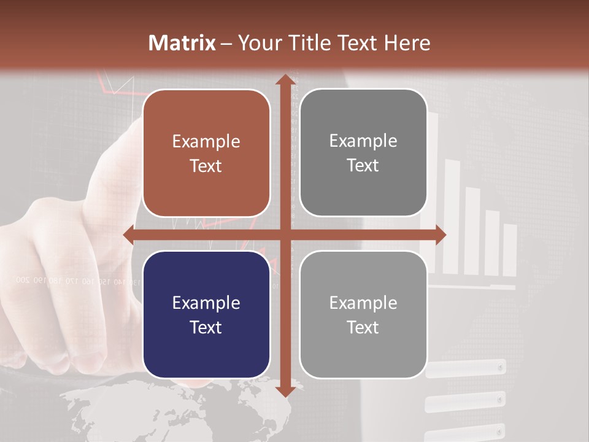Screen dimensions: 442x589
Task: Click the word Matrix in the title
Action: [182, 43]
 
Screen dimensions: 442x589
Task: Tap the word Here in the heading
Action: [407, 43]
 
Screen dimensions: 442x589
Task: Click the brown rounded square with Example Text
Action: [206, 153]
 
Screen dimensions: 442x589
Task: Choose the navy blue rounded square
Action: [206, 314]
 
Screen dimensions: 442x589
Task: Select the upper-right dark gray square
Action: [363, 153]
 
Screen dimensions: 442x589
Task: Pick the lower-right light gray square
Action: [363, 314]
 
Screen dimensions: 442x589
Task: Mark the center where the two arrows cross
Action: [285, 235]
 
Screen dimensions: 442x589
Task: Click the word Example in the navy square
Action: [206, 303]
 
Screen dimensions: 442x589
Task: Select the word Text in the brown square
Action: [206, 166]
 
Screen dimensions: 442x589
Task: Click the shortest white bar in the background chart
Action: [510, 250]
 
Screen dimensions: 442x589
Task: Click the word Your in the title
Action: [256, 43]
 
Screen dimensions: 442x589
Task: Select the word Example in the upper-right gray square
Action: [363, 141]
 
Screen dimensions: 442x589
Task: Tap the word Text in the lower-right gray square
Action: [363, 327]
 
